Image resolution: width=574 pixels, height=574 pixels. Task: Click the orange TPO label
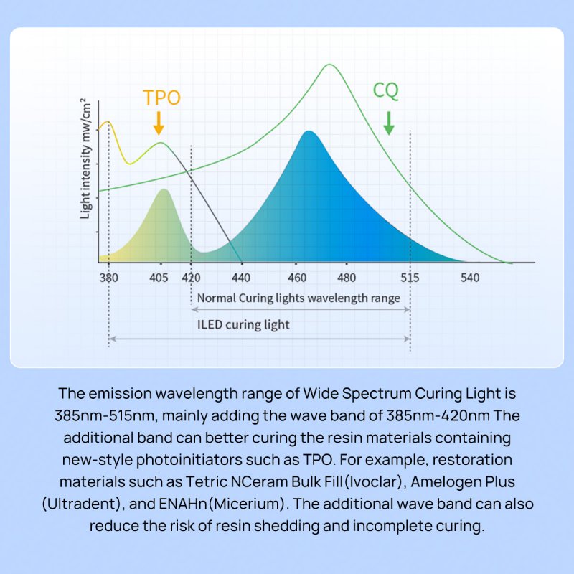[161, 98]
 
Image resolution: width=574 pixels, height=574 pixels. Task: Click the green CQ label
[386, 91]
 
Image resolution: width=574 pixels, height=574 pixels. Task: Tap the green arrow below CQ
[388, 123]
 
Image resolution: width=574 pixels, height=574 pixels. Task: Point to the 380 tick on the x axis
[108, 278]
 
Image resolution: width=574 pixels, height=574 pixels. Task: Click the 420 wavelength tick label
[191, 278]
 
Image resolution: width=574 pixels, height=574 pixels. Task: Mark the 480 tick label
[347, 278]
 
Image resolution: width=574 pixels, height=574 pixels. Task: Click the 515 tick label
[410, 278]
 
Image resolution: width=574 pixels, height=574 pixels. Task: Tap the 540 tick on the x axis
[470, 278]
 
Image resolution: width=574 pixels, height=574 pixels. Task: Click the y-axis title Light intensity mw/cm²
[85, 158]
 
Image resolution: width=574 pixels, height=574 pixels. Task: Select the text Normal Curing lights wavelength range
[298, 298]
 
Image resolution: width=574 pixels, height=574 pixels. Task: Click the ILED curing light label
[243, 324]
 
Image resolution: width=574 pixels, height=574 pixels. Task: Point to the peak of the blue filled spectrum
[309, 131]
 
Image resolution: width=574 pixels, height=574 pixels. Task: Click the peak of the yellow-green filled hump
[164, 189]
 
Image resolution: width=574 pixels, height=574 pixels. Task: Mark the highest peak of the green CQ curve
[329, 65]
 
